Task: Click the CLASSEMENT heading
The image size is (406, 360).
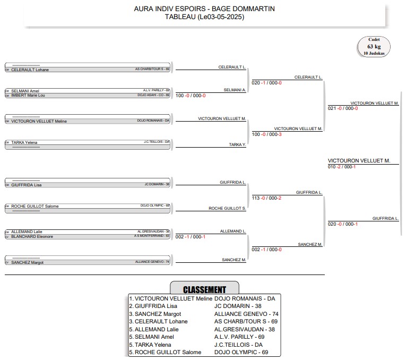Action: coord(204,289)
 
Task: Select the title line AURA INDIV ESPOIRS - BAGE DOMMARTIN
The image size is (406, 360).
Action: coord(204,8)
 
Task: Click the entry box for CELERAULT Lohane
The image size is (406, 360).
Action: coord(88,70)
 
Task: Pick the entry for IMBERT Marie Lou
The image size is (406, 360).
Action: coord(88,95)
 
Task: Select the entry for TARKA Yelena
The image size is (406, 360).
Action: coord(88,142)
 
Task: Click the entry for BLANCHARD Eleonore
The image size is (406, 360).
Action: coord(88,236)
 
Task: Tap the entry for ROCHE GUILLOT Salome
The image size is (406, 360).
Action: coord(88,206)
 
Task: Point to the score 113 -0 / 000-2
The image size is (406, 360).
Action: coord(266,198)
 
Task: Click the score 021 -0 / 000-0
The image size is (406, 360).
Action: coord(343,108)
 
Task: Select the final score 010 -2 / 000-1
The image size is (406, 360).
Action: coord(342,167)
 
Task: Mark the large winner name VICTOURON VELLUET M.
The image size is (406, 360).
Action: coord(359,160)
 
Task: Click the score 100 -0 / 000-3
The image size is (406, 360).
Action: coord(266,134)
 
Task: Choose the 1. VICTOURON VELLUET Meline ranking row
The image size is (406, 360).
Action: coord(171,298)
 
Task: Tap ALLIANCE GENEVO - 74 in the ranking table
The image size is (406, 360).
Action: coord(246,314)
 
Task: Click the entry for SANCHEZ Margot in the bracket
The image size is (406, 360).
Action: coord(88,262)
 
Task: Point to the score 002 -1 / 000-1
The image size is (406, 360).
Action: coord(191,236)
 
